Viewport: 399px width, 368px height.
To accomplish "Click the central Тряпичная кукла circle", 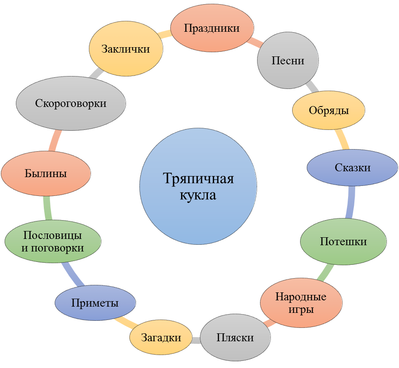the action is (x=198, y=186).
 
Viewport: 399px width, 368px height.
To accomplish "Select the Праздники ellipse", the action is (x=212, y=28).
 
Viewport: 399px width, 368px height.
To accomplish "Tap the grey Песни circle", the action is (x=288, y=60).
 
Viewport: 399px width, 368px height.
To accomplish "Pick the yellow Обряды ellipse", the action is (x=328, y=110).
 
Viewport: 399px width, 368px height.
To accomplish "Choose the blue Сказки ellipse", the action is (x=352, y=168).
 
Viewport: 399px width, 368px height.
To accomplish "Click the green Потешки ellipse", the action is (x=343, y=241).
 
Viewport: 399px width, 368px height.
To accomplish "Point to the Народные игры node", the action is (x=301, y=302).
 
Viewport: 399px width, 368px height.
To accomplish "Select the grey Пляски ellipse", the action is (x=235, y=337).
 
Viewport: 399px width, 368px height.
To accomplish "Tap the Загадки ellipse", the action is (x=161, y=337).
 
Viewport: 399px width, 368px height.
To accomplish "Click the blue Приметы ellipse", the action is (x=95, y=302).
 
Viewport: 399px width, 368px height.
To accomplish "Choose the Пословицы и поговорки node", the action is (x=53, y=241).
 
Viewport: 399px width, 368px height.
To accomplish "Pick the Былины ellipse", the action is (x=46, y=173).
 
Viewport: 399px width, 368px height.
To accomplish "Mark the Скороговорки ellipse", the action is (x=71, y=103).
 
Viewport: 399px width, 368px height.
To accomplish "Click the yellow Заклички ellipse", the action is (x=126, y=48).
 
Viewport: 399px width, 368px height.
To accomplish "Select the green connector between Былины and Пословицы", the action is (x=47, y=208).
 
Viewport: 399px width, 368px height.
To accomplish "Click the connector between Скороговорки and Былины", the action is (x=55, y=141).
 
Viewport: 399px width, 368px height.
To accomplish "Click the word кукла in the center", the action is (x=198, y=195).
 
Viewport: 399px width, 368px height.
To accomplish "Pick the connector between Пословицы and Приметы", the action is (x=73, y=274).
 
